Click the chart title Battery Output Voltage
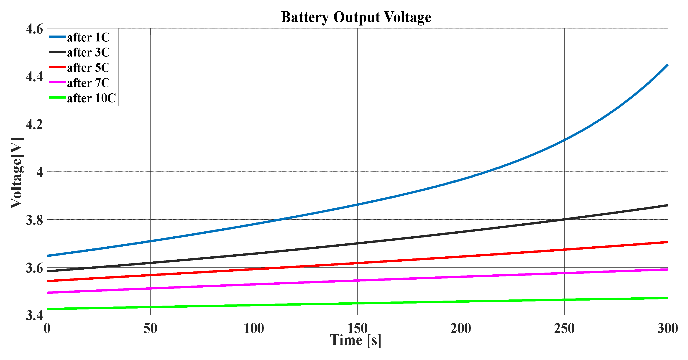[x=356, y=17]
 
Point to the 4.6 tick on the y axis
[x=34, y=29]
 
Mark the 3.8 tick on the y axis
[x=34, y=220]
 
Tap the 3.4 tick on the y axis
[x=34, y=315]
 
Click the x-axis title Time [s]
[x=356, y=340]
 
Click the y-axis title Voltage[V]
[x=17, y=173]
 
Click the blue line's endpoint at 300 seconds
[x=667, y=65]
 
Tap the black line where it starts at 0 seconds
[x=48, y=271]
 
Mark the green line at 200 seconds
[x=461, y=301]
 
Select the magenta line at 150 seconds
[x=357, y=280]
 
